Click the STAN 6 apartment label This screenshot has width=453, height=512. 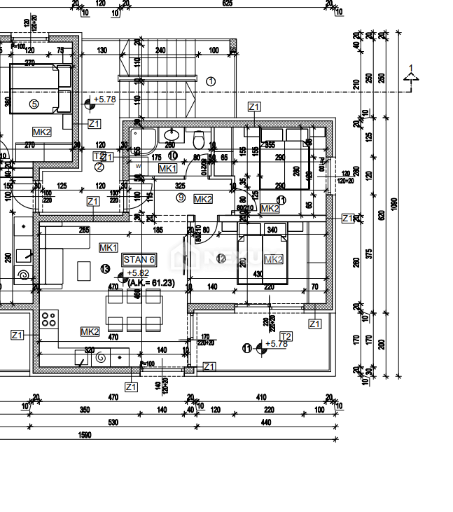click(x=139, y=259)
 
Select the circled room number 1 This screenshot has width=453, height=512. click(x=211, y=81)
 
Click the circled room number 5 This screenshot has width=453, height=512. click(x=34, y=104)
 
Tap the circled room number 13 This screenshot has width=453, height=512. click(x=105, y=268)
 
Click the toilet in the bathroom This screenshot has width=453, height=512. click(x=199, y=137)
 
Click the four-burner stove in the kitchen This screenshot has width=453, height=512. click(x=48, y=319)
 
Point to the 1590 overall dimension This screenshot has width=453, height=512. click(x=84, y=435)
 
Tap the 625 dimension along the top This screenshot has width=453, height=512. click(x=227, y=4)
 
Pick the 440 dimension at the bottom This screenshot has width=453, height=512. click(x=265, y=422)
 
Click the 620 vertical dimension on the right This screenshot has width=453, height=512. click(x=382, y=216)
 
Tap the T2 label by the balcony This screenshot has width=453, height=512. click(x=286, y=336)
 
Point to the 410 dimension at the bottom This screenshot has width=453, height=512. click(x=262, y=397)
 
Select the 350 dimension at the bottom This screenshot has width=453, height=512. click(x=84, y=409)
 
